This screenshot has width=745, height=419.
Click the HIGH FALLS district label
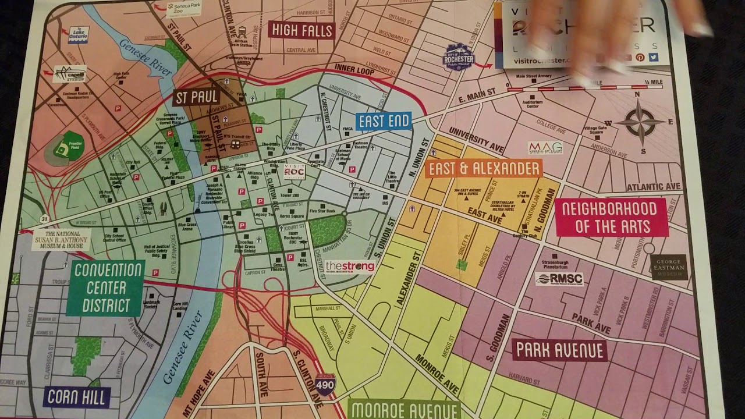pyautogui.click(x=301, y=30)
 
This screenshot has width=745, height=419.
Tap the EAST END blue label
pyautogui.click(x=384, y=122)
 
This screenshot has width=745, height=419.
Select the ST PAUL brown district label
pyautogui.click(x=196, y=97)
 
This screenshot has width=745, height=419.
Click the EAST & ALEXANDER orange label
pyautogui.click(x=484, y=169)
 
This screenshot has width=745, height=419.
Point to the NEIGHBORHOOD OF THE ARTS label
pyautogui.click(x=611, y=217)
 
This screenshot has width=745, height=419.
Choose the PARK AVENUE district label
pyautogui.click(x=559, y=350)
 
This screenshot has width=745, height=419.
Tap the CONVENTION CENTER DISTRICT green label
pyautogui.click(x=105, y=287)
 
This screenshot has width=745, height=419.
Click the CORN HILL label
pyautogui.click(x=77, y=397)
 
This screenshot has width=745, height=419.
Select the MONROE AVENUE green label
pyautogui.click(x=404, y=409)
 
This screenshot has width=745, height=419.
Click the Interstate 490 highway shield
pyautogui.click(x=325, y=385)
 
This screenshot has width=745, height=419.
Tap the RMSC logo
pyautogui.click(x=559, y=279)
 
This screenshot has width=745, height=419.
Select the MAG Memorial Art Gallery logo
pyautogui.click(x=545, y=148)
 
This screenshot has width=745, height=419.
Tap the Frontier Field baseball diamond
pyautogui.click(x=61, y=150)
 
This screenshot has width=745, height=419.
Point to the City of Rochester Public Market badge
pyautogui.click(x=459, y=58)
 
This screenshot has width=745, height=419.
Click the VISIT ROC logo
pyautogui.click(x=294, y=172)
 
